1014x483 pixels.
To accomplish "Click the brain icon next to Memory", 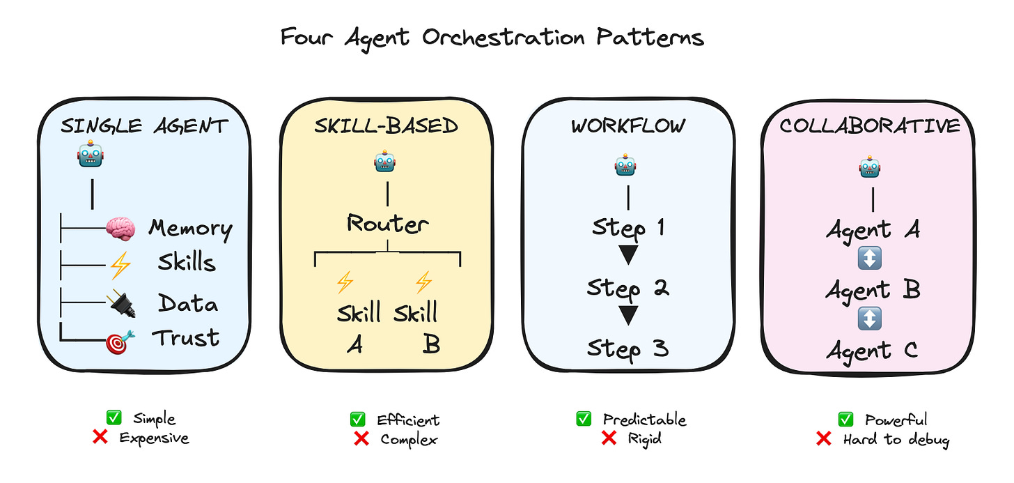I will [119, 229].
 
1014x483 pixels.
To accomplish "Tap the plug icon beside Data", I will [121, 304].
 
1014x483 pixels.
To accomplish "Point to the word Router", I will [387, 224].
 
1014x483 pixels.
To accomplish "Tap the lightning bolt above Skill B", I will [423, 282].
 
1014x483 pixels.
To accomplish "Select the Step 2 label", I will [627, 287].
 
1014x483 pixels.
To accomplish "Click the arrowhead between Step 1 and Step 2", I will [628, 256].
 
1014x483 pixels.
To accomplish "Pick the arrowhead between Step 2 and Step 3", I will [628, 316].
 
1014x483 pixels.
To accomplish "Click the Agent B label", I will [873, 290].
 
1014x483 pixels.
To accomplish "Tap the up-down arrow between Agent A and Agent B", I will [871, 259].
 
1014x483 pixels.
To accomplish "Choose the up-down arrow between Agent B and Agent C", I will [871, 319].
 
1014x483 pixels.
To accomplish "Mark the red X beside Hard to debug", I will [824, 438].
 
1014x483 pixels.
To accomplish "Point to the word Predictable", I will [644, 420].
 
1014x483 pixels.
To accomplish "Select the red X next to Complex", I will [361, 438].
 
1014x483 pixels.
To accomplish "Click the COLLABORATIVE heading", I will [869, 126].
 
